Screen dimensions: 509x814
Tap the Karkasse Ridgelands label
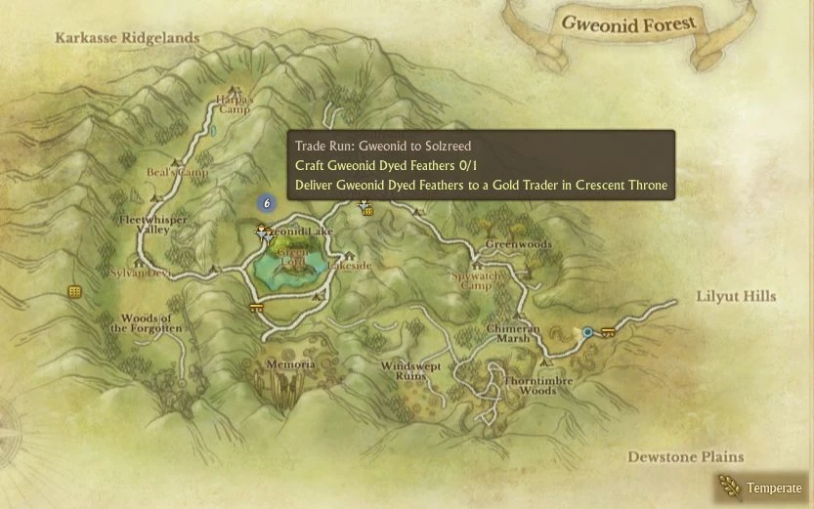(127, 38)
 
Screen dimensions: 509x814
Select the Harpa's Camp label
(234, 104)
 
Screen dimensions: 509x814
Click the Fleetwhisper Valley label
(152, 226)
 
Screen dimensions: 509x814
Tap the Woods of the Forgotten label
(146, 324)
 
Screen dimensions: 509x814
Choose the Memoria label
(290, 364)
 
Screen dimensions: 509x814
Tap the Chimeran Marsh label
(514, 333)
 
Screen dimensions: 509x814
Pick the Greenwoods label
(518, 244)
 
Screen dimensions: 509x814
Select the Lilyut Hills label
(736, 296)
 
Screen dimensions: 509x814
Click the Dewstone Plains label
(685, 456)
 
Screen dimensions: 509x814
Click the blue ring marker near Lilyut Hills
(587, 332)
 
